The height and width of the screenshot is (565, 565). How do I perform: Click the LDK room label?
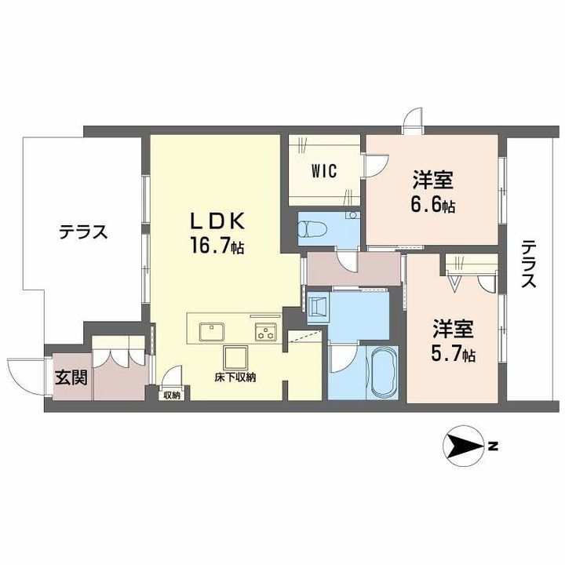(217, 221)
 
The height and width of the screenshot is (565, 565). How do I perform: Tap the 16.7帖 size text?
(217, 246)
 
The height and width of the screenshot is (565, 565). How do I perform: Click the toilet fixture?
(312, 228)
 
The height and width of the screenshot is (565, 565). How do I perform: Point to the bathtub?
(382, 373)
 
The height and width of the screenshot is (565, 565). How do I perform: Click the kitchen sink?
(212, 331)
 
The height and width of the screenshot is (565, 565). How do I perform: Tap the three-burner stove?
(266, 332)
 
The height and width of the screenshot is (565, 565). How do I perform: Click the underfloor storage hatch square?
(235, 358)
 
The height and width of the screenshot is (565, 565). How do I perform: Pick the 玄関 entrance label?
(71, 377)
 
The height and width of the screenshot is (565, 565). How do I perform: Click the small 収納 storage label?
(172, 395)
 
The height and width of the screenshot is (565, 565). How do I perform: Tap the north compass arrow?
(464, 447)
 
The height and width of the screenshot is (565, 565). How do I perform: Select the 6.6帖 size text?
(432, 205)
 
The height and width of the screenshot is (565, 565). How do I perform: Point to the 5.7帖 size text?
(453, 355)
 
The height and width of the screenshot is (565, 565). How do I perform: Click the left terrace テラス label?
(83, 232)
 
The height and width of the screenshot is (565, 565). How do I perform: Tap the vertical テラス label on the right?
(529, 264)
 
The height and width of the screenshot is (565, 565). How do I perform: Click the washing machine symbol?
(318, 307)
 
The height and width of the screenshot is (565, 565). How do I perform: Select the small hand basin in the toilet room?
(353, 216)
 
